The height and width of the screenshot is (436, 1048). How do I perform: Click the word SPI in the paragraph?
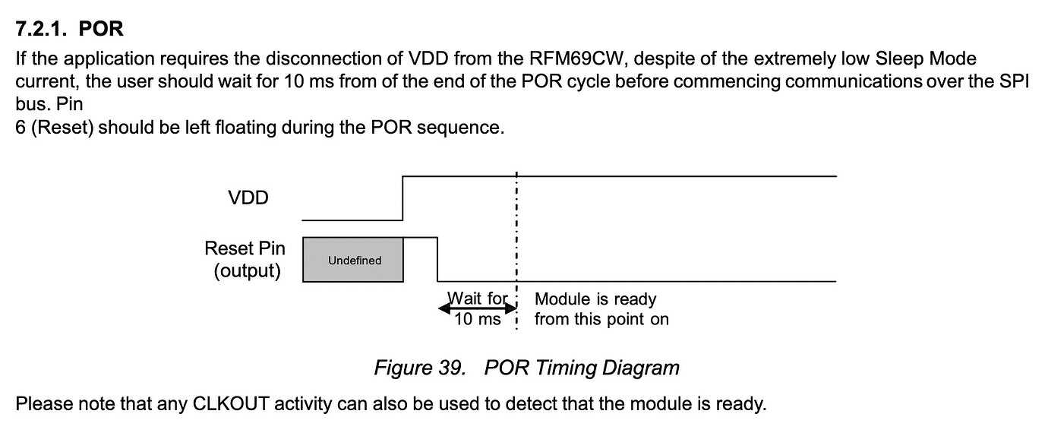[1014, 81]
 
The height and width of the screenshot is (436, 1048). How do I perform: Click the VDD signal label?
[248, 198]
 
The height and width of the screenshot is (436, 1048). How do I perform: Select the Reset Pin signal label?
[245, 248]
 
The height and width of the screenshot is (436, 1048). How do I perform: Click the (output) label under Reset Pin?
[247, 271]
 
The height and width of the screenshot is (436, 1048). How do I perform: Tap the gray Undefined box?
[354, 260]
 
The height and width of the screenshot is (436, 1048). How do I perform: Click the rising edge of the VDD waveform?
[402, 197]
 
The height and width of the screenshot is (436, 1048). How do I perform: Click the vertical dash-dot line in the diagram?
[516, 228]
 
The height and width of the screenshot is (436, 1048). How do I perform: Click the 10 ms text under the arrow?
[478, 320]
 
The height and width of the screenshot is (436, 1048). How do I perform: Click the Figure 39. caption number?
[419, 368]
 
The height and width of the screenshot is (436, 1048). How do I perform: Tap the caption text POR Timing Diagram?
[581, 368]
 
